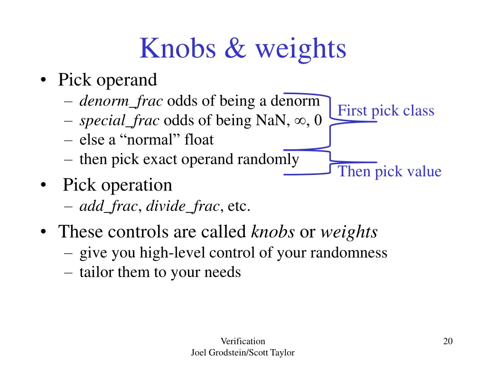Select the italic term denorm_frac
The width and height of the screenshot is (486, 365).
point(121,101)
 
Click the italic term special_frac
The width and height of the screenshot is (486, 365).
point(119,121)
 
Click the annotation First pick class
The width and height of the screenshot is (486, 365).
point(386,111)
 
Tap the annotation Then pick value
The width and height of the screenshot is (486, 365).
point(389,172)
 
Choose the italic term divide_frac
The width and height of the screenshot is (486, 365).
point(183,206)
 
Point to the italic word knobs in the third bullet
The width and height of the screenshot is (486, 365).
point(272,231)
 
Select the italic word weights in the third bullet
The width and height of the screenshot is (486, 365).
point(349,232)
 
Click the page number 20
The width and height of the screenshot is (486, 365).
point(448,341)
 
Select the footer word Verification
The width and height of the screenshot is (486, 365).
point(243,341)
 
